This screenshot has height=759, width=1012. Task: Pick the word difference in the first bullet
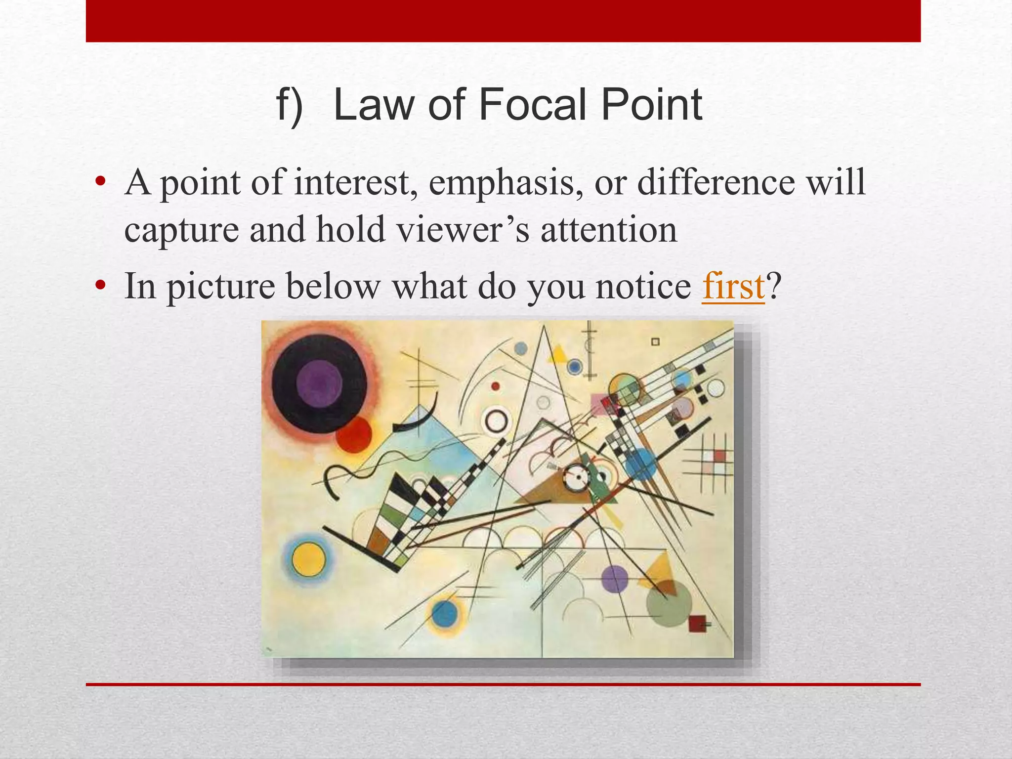[716, 182]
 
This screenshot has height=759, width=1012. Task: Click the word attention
[608, 230]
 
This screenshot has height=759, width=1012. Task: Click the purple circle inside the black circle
[319, 383]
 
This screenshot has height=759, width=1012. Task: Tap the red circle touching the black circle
[354, 435]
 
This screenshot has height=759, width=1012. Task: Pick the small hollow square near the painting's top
[655, 341]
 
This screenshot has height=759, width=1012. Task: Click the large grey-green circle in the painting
[669, 604]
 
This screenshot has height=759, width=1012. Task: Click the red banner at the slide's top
[503, 21]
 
